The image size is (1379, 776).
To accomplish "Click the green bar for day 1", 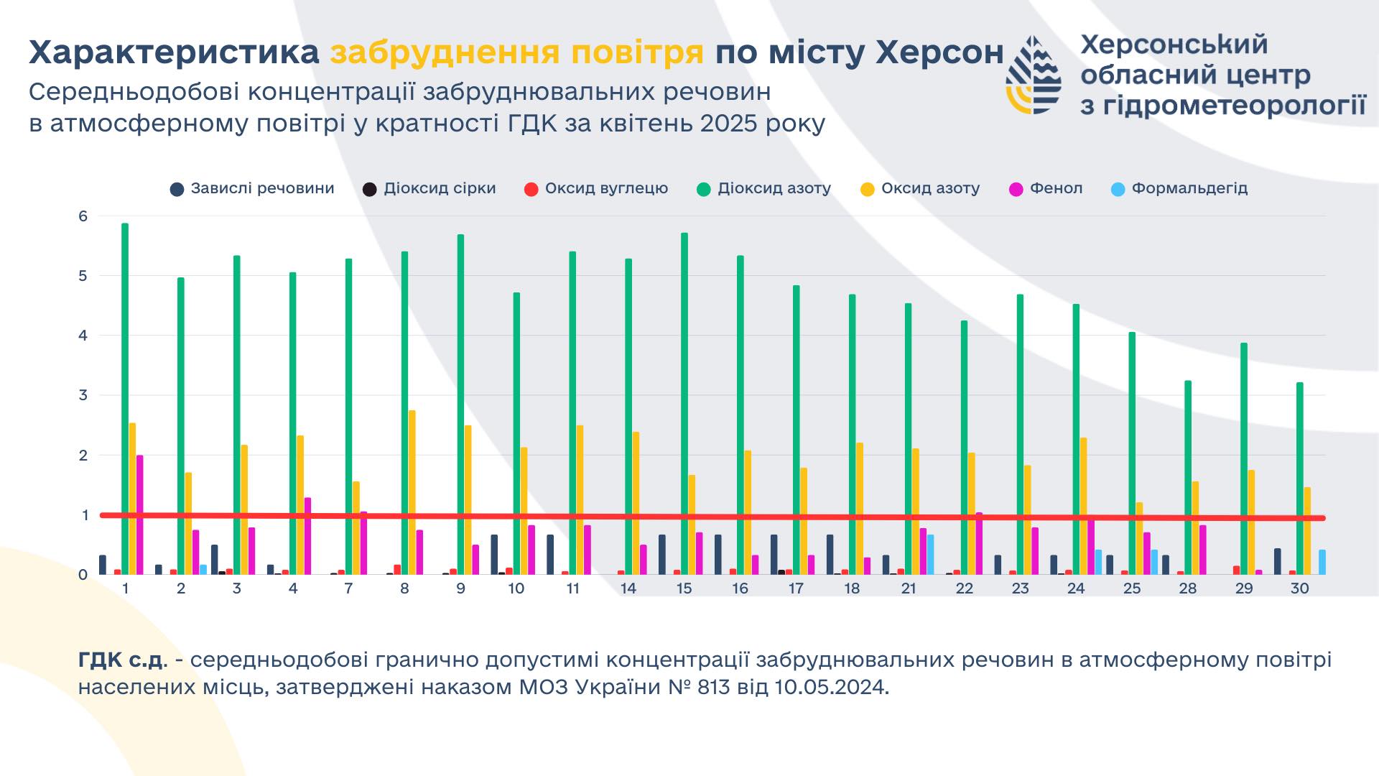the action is point(125,399).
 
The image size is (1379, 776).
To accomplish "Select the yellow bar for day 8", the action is point(412,492).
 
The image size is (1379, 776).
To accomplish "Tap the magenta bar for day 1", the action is point(140,514).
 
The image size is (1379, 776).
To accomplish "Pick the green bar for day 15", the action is point(684,404).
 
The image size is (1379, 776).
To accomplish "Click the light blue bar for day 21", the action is point(931,555).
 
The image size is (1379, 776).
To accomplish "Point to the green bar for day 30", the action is point(1300,479).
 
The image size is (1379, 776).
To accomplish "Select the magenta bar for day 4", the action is point(308,536).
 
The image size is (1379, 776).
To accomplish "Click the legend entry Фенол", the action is point(1046,189).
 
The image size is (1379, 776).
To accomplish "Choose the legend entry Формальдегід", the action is point(1179,189).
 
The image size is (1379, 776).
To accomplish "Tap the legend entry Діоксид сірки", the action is point(430,189).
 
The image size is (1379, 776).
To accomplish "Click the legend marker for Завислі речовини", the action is point(177,190).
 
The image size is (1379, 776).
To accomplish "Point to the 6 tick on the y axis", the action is point(83,216).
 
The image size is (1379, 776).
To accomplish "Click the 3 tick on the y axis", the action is point(83,395).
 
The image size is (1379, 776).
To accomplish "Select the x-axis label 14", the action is point(628,588).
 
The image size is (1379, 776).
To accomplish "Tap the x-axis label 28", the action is point(1188,588).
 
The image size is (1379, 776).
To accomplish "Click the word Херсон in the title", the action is point(939,52).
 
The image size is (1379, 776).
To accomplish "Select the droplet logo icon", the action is point(1034,75).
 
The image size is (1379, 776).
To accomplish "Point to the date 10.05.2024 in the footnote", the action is point(830,688).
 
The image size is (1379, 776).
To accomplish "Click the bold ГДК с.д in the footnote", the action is point(121,660).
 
